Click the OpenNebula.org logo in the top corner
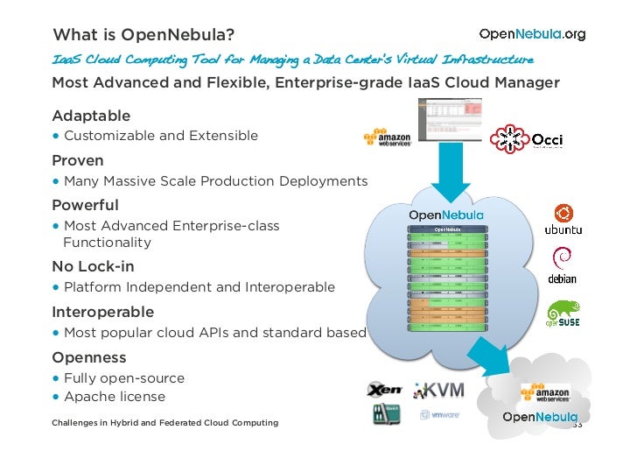pyautogui.click(x=532, y=34)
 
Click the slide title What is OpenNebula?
pyautogui.click(x=143, y=35)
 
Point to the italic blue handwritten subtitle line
pyautogui.click(x=292, y=60)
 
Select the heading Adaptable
pyautogui.click(x=91, y=116)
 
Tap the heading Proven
pyautogui.click(x=78, y=160)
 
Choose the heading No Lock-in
pyautogui.click(x=93, y=266)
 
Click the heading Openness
pyautogui.click(x=89, y=357)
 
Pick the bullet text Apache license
pyautogui.click(x=114, y=396)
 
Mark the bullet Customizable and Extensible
pyautogui.click(x=160, y=136)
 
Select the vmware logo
pyautogui.click(x=440, y=415)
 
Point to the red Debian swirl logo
pyautogui.click(x=563, y=259)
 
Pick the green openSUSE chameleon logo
pyautogui.click(x=563, y=313)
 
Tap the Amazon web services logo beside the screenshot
pyautogui.click(x=388, y=140)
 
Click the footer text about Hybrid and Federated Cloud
pyautogui.click(x=164, y=423)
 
